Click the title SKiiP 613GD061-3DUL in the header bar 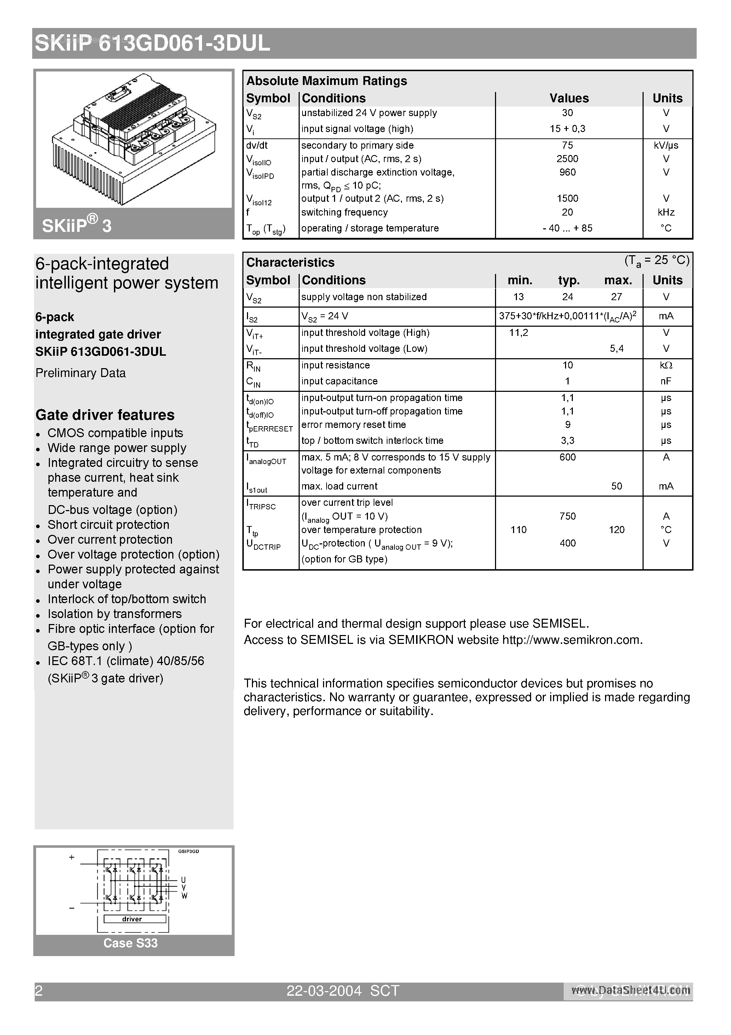click(x=152, y=44)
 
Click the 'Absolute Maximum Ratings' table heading click(x=326, y=81)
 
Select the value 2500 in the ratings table click(x=567, y=159)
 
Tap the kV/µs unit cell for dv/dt click(x=666, y=145)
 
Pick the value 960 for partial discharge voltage click(x=567, y=172)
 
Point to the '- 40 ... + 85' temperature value click(x=567, y=228)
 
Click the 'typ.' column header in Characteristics click(x=569, y=280)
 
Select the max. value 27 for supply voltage click(x=616, y=297)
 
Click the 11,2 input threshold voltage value click(x=518, y=333)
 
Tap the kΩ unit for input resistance click(x=666, y=365)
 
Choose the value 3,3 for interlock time click(x=567, y=440)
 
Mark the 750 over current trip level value click(x=567, y=516)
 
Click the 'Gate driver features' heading click(x=105, y=415)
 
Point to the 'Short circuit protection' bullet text click(x=108, y=525)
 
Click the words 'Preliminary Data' click(x=80, y=373)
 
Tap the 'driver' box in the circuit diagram click(x=132, y=919)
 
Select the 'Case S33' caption click(x=130, y=943)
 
